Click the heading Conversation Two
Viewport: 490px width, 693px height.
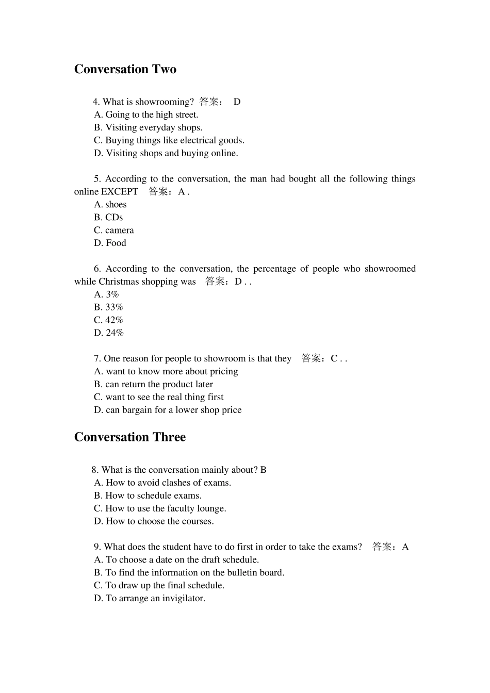tap(125, 69)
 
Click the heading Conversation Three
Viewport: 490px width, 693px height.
tap(129, 437)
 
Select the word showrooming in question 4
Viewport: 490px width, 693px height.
tap(164, 102)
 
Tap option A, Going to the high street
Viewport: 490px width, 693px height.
tap(146, 114)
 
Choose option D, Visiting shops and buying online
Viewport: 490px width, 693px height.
tap(166, 153)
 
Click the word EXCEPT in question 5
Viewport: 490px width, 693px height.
tap(120, 192)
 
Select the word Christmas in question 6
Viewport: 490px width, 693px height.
tap(122, 282)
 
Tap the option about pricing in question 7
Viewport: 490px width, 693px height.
tap(166, 371)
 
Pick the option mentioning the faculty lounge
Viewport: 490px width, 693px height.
tap(160, 508)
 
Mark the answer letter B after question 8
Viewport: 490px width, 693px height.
tap(264, 470)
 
